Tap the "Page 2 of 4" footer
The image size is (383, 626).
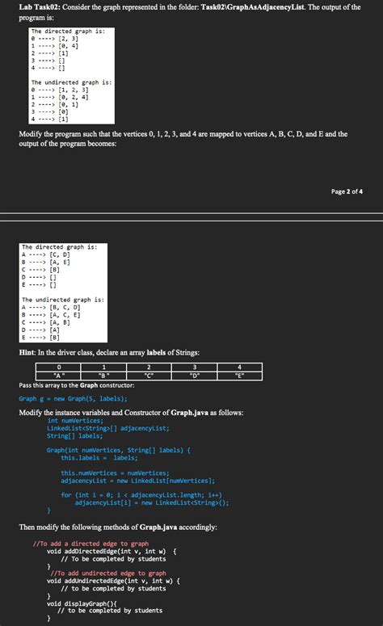click(347, 191)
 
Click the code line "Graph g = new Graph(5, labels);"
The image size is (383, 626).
click(73, 398)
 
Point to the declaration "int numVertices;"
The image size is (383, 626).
click(76, 421)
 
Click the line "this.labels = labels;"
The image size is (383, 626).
click(99, 457)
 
